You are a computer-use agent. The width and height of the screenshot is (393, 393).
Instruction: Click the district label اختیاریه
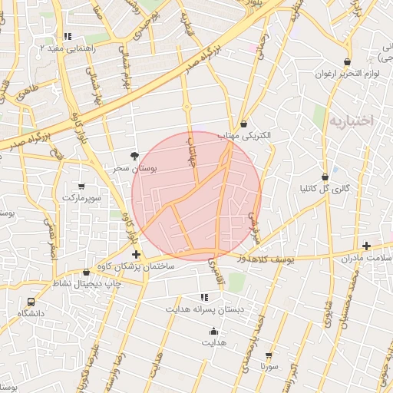click(351, 121)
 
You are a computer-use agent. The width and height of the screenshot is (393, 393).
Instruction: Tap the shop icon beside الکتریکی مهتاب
click(243, 124)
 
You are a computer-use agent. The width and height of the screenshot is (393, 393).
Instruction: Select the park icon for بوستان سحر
click(136, 155)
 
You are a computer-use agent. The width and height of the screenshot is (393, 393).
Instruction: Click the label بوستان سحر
click(135, 167)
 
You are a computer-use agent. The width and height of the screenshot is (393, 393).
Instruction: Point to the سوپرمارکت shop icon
click(82, 187)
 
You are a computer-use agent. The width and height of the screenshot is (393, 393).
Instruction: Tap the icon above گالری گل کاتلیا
click(325, 177)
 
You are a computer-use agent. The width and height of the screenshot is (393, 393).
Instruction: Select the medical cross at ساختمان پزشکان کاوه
click(136, 254)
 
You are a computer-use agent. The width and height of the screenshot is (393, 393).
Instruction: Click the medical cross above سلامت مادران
click(366, 246)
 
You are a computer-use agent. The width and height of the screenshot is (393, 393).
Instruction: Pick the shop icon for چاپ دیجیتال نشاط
click(86, 272)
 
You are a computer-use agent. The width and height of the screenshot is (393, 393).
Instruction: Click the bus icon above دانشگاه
click(31, 302)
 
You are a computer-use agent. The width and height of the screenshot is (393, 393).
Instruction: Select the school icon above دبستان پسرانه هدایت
click(204, 297)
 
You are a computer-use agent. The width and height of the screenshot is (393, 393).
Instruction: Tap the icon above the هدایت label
click(213, 332)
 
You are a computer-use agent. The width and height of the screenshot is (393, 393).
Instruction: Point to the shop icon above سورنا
click(269, 355)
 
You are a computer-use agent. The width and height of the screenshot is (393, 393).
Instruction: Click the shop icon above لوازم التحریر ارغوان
click(348, 62)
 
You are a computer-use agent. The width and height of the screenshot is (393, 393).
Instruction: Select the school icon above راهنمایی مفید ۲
click(68, 36)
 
